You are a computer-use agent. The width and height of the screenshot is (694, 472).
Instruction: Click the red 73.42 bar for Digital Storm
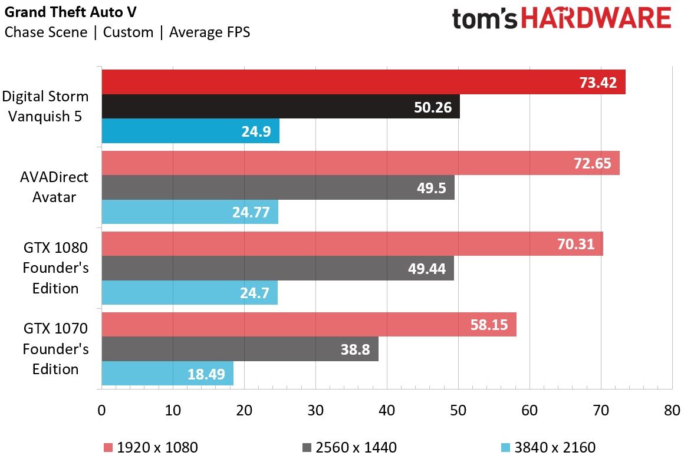point(363,82)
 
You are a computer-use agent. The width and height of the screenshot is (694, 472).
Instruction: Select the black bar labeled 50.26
point(281,106)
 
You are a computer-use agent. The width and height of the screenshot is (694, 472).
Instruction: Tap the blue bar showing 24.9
point(190,130)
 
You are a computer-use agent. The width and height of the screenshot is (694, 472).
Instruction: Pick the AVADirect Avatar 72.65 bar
point(361,163)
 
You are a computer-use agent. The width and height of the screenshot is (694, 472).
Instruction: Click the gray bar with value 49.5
point(278,187)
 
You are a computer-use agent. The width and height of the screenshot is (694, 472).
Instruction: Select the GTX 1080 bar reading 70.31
point(353,244)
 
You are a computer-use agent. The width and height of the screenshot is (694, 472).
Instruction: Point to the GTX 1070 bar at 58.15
point(309,324)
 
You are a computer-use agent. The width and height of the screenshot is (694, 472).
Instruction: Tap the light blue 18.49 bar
point(167,374)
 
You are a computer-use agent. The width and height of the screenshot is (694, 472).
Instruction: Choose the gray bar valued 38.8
point(240,349)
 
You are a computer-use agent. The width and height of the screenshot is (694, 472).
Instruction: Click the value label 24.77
point(251,212)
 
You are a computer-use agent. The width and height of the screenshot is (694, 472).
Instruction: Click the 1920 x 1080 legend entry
point(151,447)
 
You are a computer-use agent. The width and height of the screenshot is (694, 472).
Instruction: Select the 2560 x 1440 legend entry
point(350,447)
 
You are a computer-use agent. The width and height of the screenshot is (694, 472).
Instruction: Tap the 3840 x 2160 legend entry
point(548,447)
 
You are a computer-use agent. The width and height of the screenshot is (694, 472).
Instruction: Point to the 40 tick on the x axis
point(387,411)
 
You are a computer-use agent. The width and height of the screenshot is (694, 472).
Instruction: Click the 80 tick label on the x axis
point(672,411)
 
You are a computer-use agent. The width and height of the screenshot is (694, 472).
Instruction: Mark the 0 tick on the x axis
point(102,411)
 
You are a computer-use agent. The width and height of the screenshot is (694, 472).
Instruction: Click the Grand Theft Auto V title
point(71,12)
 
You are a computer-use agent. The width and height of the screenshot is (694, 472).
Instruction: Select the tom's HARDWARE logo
point(562,19)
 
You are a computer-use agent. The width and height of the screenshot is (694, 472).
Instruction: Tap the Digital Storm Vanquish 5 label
point(45,106)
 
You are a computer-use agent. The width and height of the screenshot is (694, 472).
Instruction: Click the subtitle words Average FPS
point(210,32)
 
